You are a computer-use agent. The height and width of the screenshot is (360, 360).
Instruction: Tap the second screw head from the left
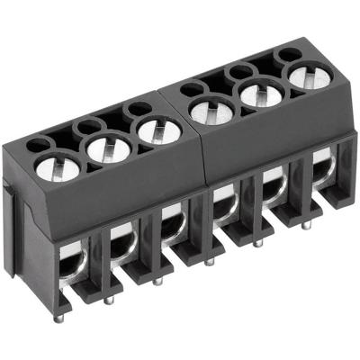(x=106, y=148)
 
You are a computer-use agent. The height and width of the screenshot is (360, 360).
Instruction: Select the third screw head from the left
(x=158, y=132)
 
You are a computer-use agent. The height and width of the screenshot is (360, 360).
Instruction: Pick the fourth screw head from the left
(x=211, y=111)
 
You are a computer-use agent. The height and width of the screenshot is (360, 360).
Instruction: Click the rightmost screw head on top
(x=309, y=77)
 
